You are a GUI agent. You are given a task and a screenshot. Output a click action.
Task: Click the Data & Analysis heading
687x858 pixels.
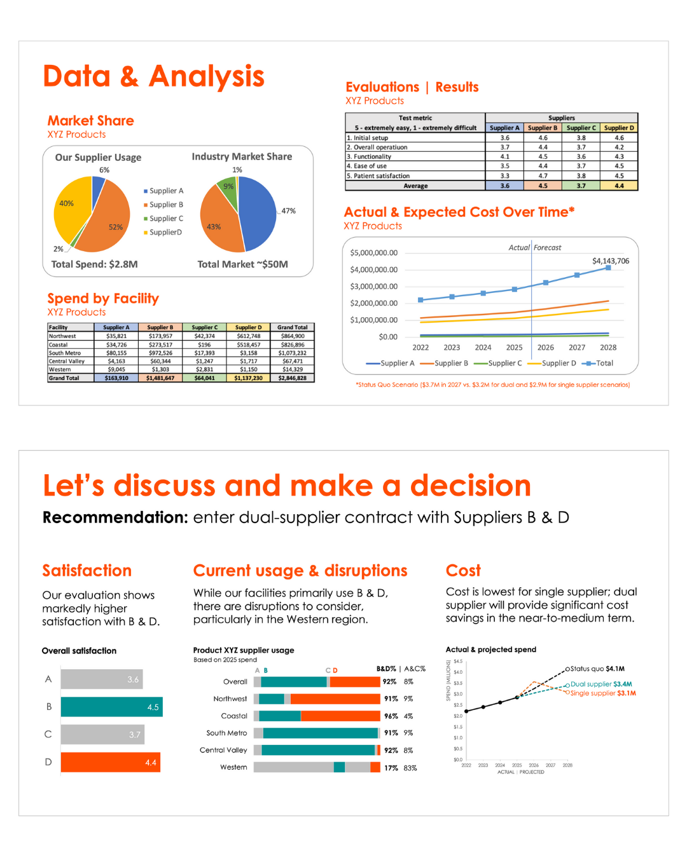(x=153, y=76)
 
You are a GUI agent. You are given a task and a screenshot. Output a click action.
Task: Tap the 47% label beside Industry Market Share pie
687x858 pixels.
(x=288, y=211)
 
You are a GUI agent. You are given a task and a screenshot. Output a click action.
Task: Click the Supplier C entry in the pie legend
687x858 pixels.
(x=165, y=219)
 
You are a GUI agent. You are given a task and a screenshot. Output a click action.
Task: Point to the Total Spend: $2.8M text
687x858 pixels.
(x=94, y=264)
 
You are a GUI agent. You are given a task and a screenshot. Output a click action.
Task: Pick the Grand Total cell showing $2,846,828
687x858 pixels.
(x=292, y=378)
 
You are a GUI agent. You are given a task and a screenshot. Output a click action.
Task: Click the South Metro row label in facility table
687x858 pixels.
(x=65, y=353)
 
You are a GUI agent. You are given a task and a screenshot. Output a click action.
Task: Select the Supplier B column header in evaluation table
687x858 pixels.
(x=543, y=128)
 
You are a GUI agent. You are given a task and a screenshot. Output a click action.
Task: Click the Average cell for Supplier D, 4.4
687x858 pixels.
(x=619, y=186)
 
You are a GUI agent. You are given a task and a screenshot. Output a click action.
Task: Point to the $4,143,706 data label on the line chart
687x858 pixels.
(x=611, y=261)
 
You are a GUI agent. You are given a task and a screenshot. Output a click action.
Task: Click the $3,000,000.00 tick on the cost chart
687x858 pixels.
(x=374, y=287)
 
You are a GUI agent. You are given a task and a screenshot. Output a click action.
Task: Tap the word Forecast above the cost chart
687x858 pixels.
(x=547, y=248)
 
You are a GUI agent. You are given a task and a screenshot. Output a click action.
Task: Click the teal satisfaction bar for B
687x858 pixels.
(x=111, y=707)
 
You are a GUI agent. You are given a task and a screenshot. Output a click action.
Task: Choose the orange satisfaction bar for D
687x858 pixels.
(x=110, y=762)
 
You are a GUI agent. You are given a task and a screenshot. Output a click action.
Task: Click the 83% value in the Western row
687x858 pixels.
(x=410, y=768)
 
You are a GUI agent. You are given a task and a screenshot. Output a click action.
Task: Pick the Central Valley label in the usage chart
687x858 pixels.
(x=223, y=750)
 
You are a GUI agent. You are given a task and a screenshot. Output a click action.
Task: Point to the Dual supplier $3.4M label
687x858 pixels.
(x=601, y=684)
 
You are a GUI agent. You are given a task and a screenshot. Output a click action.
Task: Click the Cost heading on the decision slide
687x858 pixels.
(x=463, y=571)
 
